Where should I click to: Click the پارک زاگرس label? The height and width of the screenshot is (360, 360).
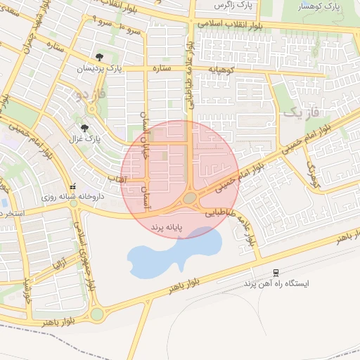(235, 6)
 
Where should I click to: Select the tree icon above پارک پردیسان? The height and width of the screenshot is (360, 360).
(99, 58)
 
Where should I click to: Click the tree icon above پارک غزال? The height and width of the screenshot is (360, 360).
(85, 128)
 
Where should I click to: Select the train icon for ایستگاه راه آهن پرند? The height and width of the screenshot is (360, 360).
(276, 272)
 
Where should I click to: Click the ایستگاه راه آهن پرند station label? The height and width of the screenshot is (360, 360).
(276, 283)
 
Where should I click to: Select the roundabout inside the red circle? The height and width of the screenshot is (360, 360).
(190, 199)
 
